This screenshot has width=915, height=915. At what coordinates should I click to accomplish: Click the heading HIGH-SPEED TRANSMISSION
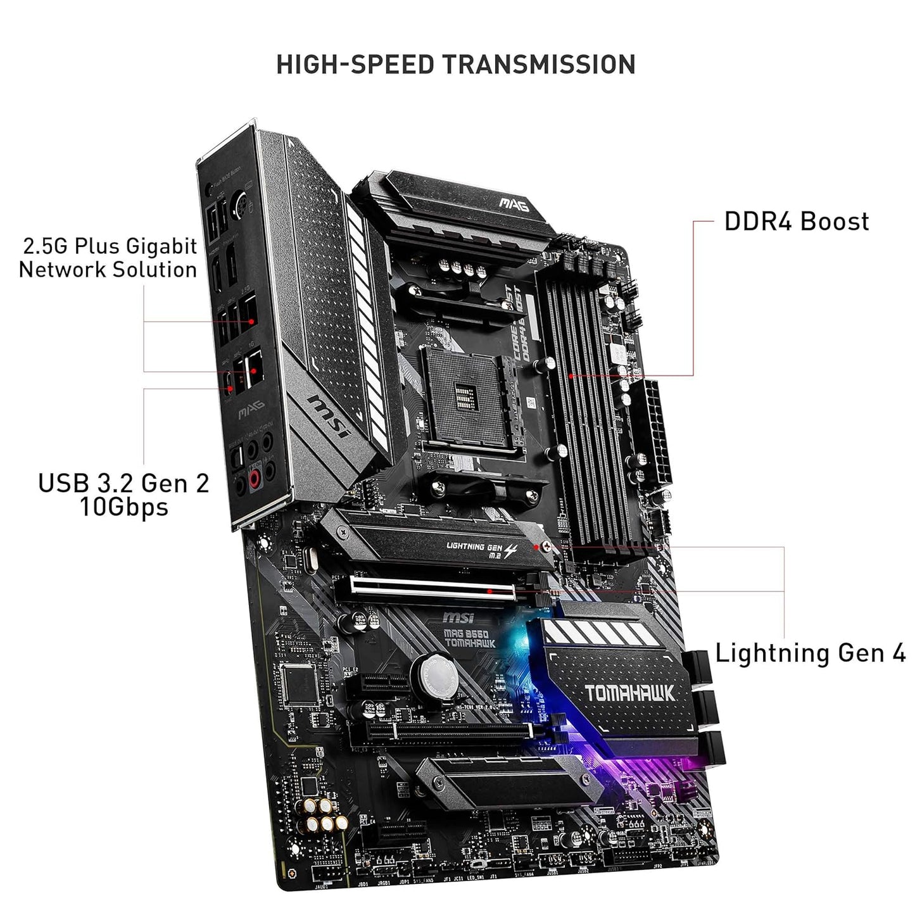coord(456,65)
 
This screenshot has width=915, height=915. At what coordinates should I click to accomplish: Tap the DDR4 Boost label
coord(796,222)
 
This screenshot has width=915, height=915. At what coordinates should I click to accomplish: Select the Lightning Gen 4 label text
coord(810,653)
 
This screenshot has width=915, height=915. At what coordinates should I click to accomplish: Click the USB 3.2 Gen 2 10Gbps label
coord(123,495)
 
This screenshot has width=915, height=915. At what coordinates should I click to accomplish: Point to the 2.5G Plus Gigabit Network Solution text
coord(108,258)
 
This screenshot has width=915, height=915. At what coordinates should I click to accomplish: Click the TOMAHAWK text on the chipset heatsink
coord(629,692)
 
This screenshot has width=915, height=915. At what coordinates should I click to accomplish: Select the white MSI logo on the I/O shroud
coord(329,417)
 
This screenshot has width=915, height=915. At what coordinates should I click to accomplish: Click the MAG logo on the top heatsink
coord(514,203)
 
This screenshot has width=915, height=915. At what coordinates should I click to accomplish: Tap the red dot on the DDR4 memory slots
coord(571,375)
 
